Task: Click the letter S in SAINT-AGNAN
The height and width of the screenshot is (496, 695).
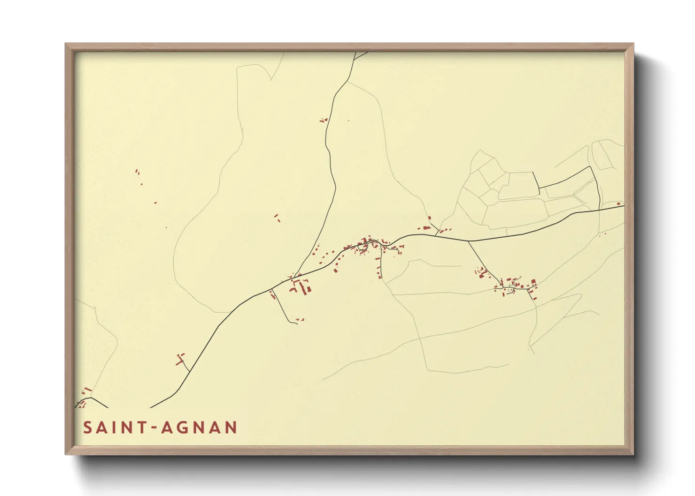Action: tap(87, 428)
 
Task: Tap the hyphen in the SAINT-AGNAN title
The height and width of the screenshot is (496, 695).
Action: tap(154, 428)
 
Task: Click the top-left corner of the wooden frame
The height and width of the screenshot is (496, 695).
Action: tap(66, 44)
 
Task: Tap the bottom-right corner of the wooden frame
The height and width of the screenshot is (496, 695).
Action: tap(633, 454)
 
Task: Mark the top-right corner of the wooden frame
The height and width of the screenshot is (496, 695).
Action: tap(633, 44)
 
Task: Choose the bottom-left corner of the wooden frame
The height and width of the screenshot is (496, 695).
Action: tap(66, 454)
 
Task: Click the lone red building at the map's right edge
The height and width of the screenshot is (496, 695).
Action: tap(619, 203)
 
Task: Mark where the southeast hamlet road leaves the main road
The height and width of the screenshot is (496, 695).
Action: tap(468, 241)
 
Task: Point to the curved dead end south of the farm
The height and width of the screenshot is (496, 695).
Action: tap(296, 323)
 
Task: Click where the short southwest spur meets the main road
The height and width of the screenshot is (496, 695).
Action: tap(189, 372)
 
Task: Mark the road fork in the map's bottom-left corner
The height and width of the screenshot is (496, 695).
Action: tap(91, 398)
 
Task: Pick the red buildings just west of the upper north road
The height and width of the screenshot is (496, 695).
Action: tap(323, 120)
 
